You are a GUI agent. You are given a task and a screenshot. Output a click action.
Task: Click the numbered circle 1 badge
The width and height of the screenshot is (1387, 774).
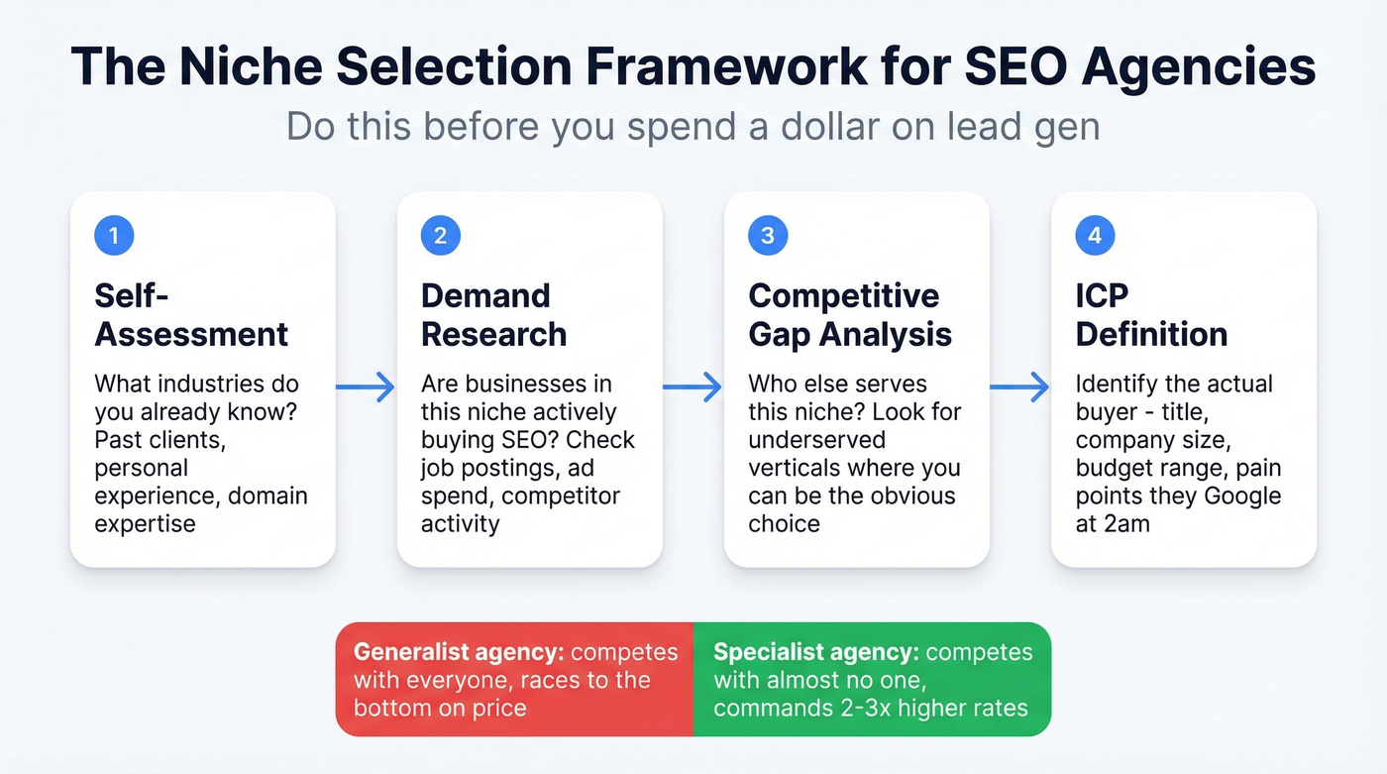tap(114, 236)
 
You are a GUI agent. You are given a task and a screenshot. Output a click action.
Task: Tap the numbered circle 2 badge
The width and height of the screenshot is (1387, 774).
tap(441, 236)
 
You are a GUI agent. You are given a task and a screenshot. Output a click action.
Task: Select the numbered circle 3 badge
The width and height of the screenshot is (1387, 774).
tap(768, 236)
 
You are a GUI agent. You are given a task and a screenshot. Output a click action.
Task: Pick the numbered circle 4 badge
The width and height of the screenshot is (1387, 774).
tap(1095, 236)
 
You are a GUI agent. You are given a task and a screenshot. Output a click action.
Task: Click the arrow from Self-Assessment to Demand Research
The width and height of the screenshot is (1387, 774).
tap(366, 387)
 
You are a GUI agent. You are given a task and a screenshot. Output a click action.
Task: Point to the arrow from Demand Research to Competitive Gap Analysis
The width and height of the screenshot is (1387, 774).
tap(693, 387)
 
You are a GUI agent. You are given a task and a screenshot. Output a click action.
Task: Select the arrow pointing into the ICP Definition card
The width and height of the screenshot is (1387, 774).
tap(1019, 387)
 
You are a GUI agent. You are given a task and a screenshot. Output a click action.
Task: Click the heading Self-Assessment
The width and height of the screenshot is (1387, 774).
tap(191, 314)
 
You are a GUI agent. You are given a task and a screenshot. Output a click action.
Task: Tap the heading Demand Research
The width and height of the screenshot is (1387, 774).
tap(493, 314)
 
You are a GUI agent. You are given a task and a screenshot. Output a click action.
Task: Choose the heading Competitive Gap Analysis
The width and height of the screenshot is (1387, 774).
tap(849, 314)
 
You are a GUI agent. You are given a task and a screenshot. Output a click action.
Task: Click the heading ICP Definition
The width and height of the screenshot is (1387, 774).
tap(1151, 314)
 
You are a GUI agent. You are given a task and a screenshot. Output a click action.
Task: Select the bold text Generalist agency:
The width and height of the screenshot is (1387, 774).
tap(459, 652)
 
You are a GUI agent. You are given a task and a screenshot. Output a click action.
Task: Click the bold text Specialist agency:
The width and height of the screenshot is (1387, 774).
tap(814, 652)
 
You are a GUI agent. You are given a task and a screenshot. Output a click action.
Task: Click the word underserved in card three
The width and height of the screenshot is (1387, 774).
tap(816, 439)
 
